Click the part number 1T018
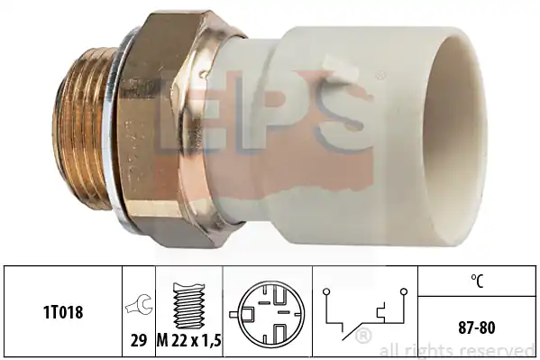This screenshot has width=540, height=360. [x=63, y=312]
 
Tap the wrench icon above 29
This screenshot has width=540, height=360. [x=139, y=304]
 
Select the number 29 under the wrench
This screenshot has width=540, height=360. [x=139, y=341]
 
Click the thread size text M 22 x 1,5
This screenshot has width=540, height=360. [x=189, y=341]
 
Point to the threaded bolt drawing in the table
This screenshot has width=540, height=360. [x=188, y=306]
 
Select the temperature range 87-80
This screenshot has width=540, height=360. [x=477, y=328]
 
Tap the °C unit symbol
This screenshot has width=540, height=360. [x=477, y=281]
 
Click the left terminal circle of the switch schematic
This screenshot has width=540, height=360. [x=326, y=292]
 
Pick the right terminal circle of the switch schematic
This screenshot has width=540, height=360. [x=404, y=291]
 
